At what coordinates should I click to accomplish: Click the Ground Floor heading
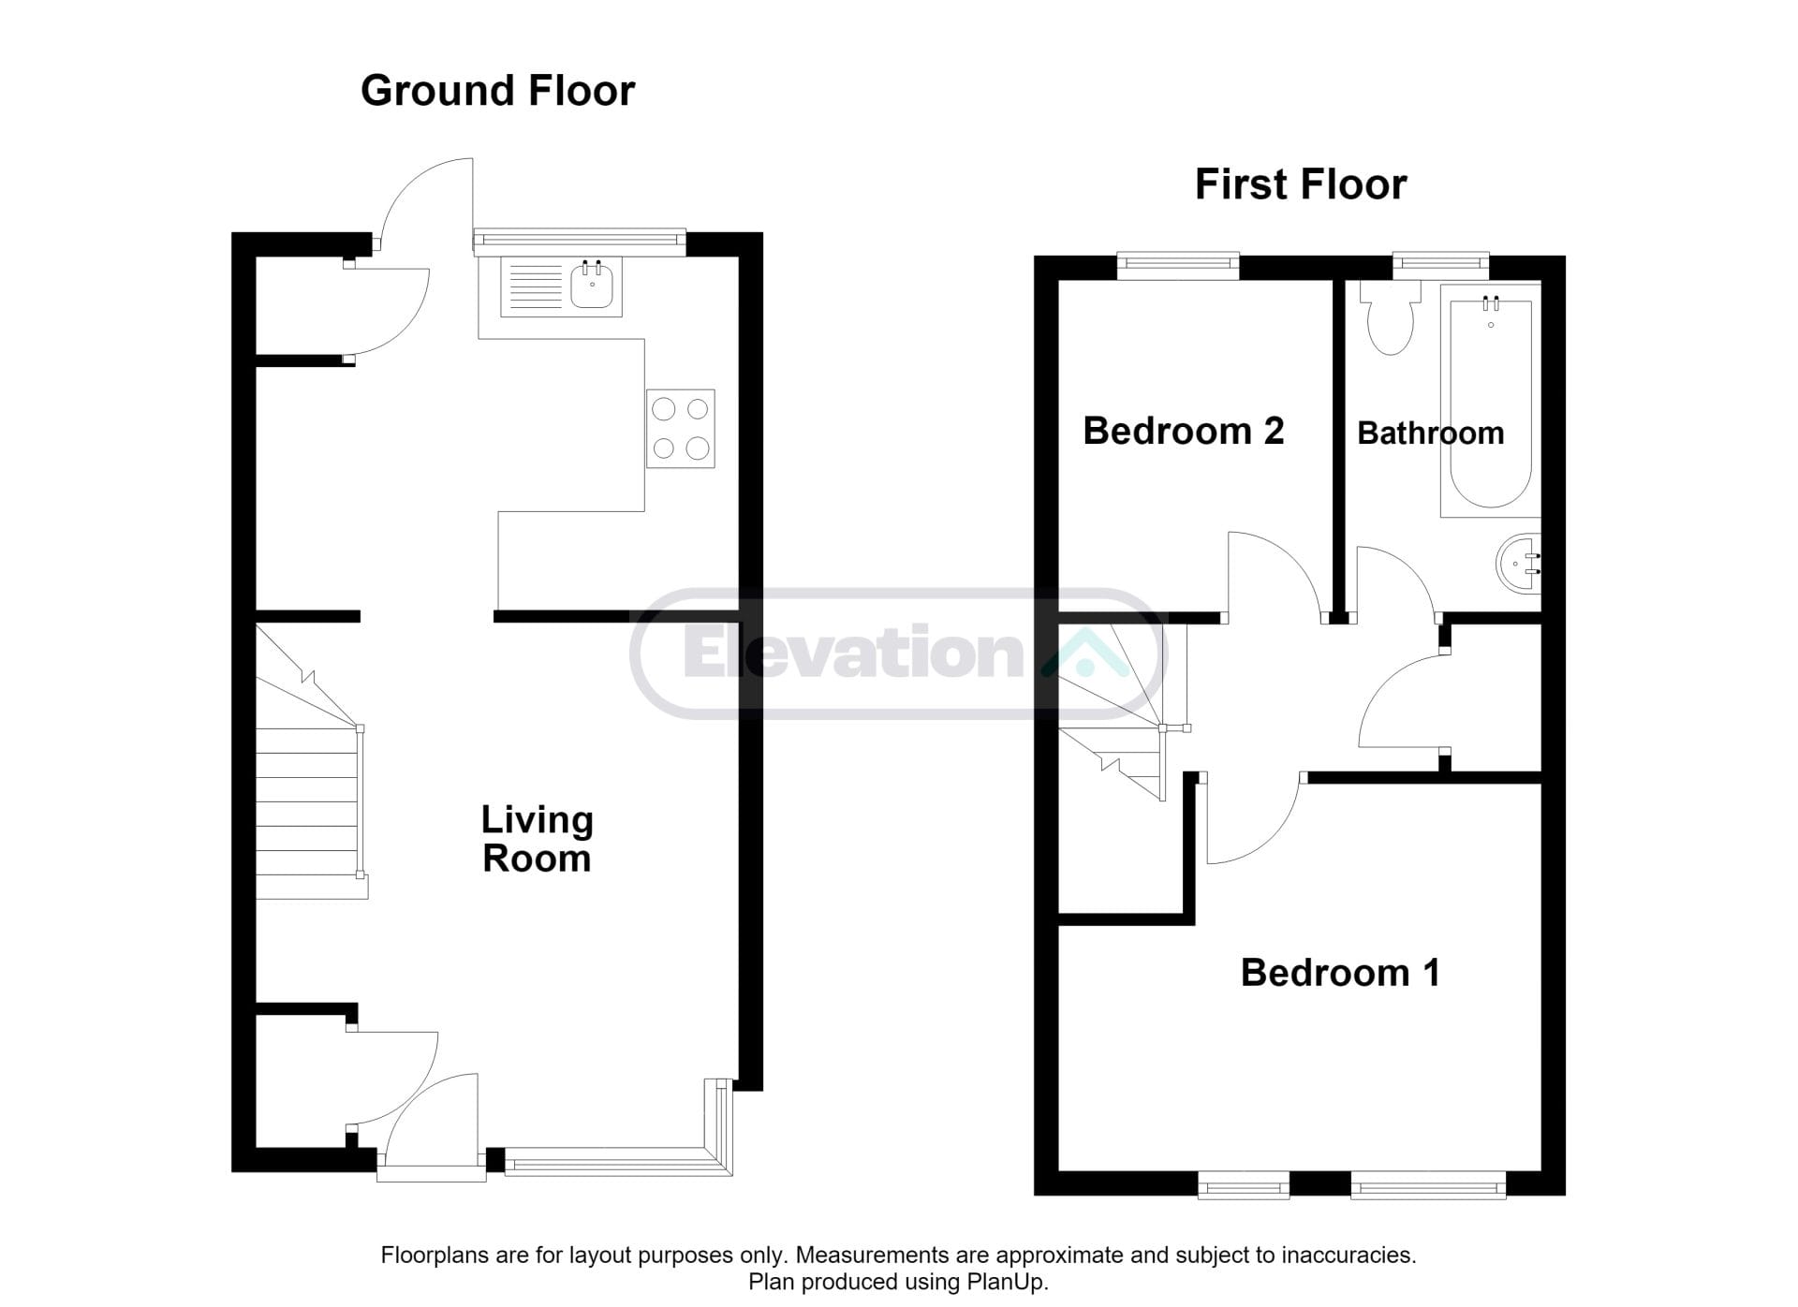coord(497,91)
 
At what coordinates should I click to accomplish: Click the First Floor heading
coord(1300,184)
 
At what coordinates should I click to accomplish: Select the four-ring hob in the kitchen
coord(681,429)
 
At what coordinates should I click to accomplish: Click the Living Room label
coord(537,839)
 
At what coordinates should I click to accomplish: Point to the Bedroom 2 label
coord(1183,431)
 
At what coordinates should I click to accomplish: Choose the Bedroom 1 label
coord(1340,973)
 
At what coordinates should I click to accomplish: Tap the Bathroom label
coord(1430,433)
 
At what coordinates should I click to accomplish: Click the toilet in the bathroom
coord(1391,318)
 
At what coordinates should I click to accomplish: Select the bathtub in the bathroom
coord(1490,401)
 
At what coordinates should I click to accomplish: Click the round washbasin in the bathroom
coord(1518,564)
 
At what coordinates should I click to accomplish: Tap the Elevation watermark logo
coord(898,653)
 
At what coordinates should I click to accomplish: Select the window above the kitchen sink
coord(580,242)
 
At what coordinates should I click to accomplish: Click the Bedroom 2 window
coord(1178,267)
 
